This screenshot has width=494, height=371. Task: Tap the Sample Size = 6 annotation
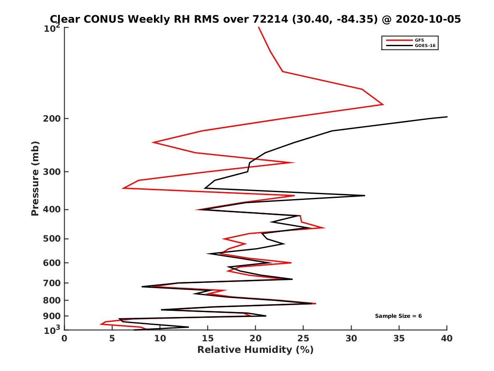tap(398, 316)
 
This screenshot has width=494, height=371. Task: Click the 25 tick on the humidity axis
tap(303, 338)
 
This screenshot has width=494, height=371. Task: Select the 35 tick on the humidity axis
tap(399, 338)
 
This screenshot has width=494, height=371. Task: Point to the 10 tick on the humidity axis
tap(160, 338)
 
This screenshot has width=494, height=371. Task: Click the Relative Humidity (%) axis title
tap(255, 350)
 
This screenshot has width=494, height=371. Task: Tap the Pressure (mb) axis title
tap(35, 178)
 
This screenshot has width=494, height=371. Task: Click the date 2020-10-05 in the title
tap(427, 19)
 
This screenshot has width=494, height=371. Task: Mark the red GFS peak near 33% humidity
tap(383, 104)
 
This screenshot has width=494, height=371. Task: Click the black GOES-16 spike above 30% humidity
tap(364, 195)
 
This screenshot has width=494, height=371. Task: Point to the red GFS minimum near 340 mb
tap(123, 188)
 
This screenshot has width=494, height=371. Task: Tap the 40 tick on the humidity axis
tap(447, 338)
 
